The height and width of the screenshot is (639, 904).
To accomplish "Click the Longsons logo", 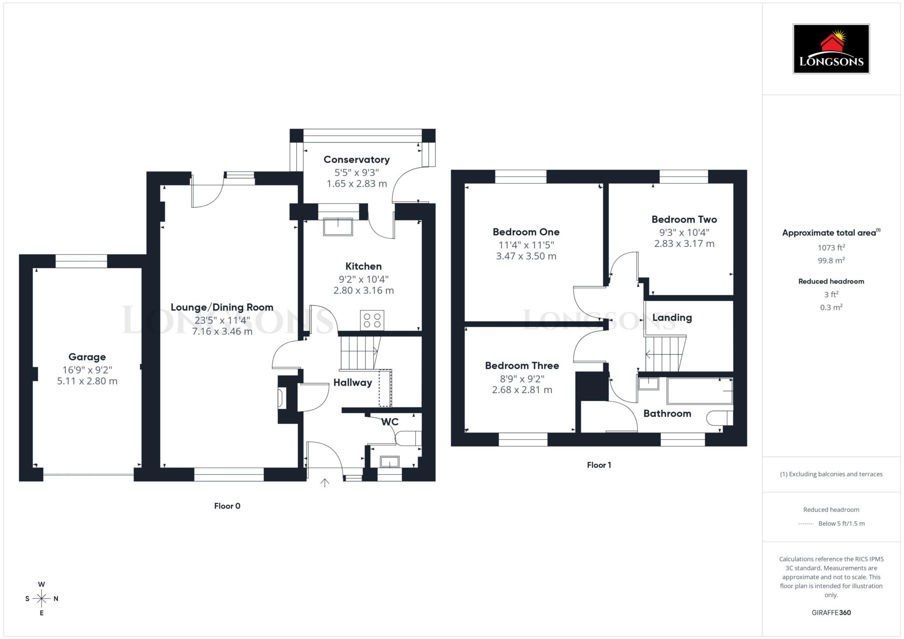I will click(831, 49).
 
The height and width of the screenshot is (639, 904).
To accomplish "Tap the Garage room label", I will click(87, 357).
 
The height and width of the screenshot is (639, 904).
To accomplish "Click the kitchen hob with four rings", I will click(372, 320).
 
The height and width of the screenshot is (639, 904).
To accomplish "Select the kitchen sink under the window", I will click(338, 227).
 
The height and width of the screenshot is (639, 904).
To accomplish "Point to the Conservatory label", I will click(356, 160).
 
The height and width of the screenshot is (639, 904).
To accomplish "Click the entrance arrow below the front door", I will click(325, 483).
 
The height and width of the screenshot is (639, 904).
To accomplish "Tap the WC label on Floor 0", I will click(390, 422).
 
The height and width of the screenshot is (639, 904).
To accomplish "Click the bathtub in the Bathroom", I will click(699, 391).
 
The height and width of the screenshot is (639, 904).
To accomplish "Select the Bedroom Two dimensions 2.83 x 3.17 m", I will click(684, 244).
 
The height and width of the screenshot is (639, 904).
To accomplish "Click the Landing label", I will click(672, 318).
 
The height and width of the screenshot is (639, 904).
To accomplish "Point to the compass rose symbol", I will click(41, 598).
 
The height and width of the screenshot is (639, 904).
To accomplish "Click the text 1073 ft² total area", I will click(831, 248).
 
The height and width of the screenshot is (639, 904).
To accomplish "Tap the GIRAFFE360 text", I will click(831, 613).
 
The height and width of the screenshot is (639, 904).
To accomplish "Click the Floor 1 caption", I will click(599, 465).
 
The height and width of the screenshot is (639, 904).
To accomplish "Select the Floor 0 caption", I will click(227, 506).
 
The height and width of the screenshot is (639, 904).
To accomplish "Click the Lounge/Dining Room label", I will click(222, 307).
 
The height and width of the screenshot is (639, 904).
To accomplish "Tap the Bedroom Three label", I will click(522, 366).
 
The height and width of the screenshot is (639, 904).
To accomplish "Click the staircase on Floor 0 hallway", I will click(358, 353).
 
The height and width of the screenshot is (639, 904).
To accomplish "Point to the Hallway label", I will click(352, 383).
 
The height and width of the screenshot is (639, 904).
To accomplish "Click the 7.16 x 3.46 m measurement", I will click(222, 331).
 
